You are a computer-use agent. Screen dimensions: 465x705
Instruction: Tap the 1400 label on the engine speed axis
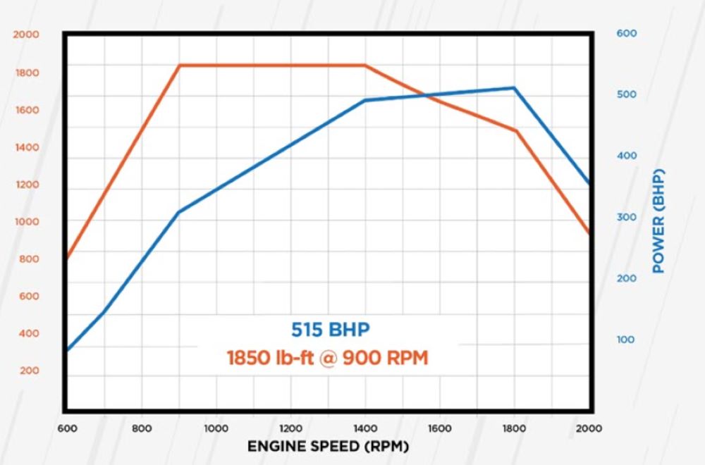365,428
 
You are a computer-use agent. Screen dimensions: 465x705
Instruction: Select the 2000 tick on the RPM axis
589,428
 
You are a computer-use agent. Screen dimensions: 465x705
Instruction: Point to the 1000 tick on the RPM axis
216,428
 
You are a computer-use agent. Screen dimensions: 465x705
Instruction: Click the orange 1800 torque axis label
28,73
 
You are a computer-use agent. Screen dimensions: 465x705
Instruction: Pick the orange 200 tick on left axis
28,371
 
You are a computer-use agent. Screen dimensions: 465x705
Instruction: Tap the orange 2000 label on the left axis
28,35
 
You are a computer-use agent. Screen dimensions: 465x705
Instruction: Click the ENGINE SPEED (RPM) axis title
328,447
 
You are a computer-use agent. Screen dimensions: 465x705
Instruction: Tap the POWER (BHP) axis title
659,221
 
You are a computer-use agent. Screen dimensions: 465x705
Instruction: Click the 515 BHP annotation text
330,329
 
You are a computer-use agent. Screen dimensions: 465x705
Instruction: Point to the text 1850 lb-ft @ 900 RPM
327,357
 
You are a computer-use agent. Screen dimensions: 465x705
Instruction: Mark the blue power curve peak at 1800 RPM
515,88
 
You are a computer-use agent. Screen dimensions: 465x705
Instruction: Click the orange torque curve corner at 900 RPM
180,66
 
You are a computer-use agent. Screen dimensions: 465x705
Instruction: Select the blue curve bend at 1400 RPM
365,100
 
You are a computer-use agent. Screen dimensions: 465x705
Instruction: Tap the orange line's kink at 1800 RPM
515,130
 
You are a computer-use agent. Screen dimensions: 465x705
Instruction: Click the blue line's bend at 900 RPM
178,212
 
